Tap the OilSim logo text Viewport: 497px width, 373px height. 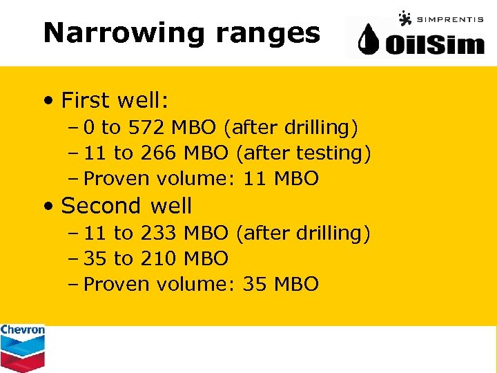[435, 45]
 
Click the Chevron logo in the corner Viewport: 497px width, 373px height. [22, 347]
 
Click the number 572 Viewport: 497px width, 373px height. [146, 127]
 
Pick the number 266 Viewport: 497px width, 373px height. [158, 153]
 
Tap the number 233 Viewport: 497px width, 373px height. [158, 233]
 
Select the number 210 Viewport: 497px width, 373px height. [158, 258]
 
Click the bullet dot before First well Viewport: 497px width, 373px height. [48, 101]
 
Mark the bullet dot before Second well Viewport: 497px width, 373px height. [48, 207]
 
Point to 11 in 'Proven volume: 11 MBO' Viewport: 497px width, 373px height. [255, 178]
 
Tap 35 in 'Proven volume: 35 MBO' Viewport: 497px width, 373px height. [255, 284]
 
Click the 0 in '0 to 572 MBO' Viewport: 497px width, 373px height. [89, 127]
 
